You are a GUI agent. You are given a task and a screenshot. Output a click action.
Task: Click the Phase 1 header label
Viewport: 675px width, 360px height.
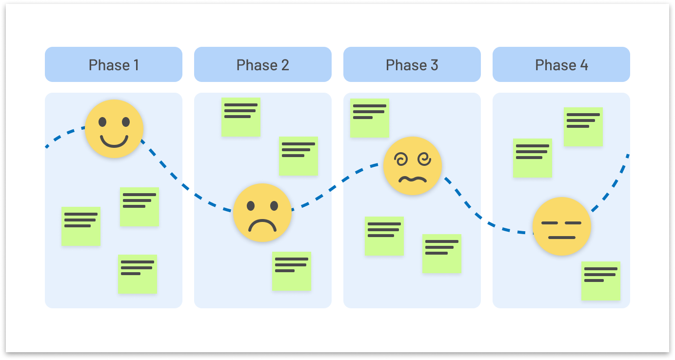pyautogui.click(x=114, y=65)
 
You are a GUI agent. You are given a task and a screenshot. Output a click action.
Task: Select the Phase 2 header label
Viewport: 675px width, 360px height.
pyautogui.click(x=263, y=65)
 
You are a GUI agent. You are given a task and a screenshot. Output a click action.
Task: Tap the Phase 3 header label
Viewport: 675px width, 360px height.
pyautogui.click(x=412, y=65)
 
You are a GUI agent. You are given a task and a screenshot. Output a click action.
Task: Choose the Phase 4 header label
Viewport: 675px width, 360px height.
pyautogui.click(x=561, y=65)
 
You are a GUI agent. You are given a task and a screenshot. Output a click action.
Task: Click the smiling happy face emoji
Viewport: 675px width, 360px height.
pyautogui.click(x=114, y=129)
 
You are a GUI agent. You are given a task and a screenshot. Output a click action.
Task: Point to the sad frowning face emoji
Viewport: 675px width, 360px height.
pyautogui.click(x=262, y=213)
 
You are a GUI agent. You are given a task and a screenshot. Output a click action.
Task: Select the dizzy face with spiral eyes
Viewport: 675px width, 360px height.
pyautogui.click(x=413, y=166)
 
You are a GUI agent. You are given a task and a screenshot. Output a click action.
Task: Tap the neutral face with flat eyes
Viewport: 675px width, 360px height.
pyautogui.click(x=562, y=226)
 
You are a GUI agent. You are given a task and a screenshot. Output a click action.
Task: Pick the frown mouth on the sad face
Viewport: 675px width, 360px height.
pyautogui.click(x=262, y=225)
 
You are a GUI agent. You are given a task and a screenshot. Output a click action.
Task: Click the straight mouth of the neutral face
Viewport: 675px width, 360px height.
pyautogui.click(x=562, y=238)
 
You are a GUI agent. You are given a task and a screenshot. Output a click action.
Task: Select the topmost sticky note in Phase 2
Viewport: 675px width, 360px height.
pyautogui.click(x=241, y=117)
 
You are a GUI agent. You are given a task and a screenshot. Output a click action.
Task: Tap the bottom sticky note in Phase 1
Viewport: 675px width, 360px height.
pyautogui.click(x=138, y=274)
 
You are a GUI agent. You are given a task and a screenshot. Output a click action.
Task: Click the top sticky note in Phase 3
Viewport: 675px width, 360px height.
pyautogui.click(x=370, y=118)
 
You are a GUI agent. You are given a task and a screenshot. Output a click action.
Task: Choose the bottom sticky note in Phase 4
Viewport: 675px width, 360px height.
pyautogui.click(x=601, y=280)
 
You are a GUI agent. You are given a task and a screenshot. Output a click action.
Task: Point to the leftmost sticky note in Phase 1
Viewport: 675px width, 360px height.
pyautogui.click(x=81, y=226)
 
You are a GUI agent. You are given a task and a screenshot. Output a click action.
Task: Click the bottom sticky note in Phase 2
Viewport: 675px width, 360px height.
pyautogui.click(x=292, y=271)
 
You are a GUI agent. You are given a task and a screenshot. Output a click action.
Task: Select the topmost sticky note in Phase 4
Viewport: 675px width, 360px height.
pyautogui.click(x=583, y=127)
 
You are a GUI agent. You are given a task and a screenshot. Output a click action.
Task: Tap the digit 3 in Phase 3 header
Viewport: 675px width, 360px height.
pyautogui.click(x=434, y=65)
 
